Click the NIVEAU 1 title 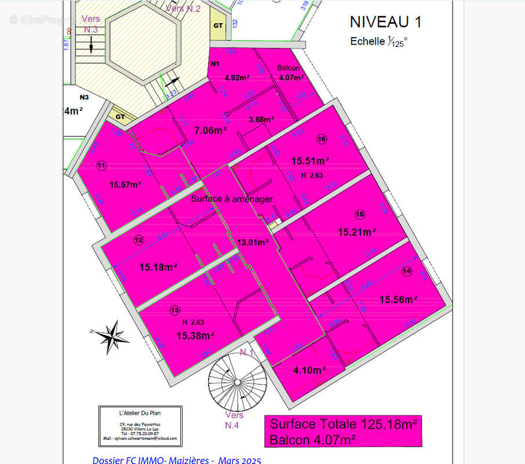[x=385, y=22]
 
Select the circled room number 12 [x=138, y=240]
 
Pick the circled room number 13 [x=176, y=311]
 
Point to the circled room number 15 [x=360, y=215]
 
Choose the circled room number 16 [x=322, y=139]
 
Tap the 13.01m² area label [x=253, y=242]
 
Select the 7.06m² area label [x=210, y=131]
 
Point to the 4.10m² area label [x=309, y=370]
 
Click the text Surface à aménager [x=232, y=198]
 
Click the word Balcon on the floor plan [x=288, y=68]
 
